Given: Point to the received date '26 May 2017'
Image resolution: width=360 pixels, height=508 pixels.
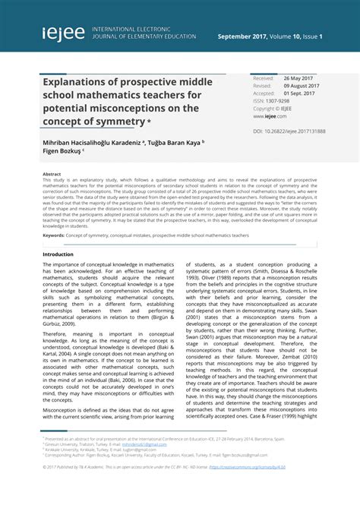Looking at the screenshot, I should pos(298,78).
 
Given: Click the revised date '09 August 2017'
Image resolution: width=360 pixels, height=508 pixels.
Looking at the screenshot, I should pos(302,86).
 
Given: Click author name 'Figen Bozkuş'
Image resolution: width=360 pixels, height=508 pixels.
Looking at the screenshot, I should pos(60,150).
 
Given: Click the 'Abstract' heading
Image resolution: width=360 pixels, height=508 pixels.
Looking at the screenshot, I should pos(52,174).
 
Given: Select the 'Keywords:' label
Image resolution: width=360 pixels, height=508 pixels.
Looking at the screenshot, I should pos(53,235).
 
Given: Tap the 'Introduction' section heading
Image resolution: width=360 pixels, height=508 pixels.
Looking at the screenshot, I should pos(58,254).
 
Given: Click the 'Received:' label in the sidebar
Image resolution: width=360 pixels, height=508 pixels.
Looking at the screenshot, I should pos(264,78).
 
